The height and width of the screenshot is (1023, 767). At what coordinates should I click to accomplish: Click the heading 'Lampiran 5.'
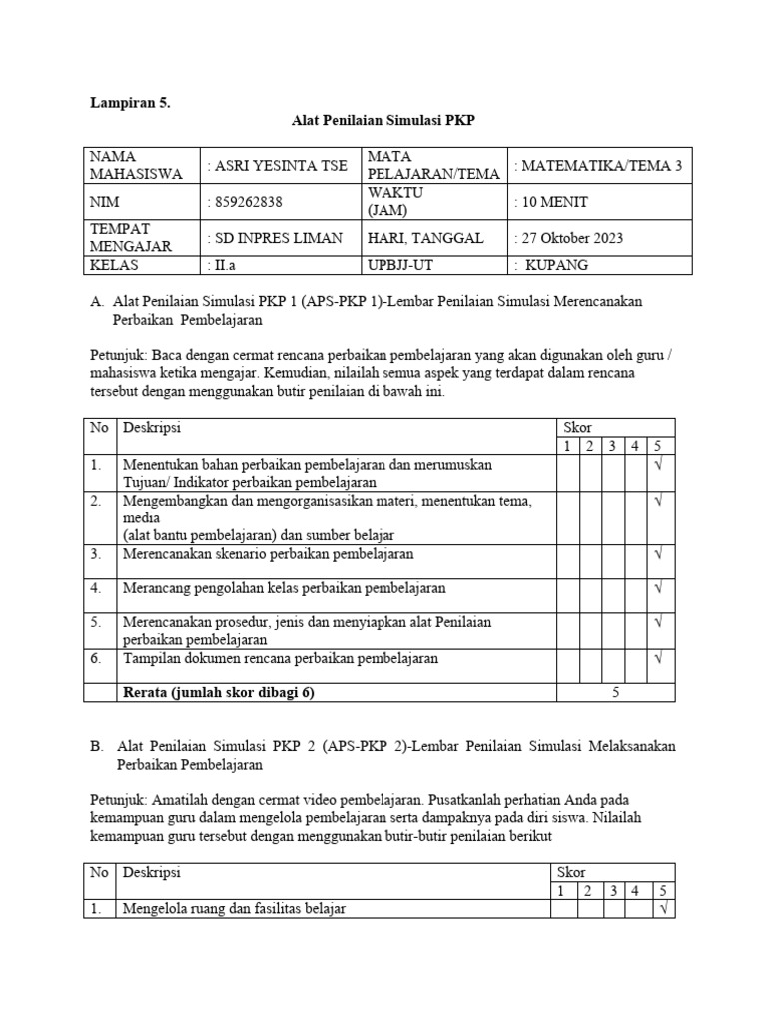tap(131, 102)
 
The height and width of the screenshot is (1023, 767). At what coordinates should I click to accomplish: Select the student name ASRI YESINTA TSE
tap(276, 167)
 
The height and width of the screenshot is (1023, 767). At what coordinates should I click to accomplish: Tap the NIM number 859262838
tap(246, 202)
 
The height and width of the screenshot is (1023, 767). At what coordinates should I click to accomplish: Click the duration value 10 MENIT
tap(551, 202)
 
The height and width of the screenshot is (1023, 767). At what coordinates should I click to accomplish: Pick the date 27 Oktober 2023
tap(568, 238)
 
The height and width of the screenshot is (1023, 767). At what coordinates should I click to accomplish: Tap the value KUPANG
tap(557, 265)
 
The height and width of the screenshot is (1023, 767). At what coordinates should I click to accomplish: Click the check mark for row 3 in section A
tap(658, 553)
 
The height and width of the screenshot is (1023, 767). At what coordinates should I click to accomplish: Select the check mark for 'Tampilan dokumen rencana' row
tap(658, 659)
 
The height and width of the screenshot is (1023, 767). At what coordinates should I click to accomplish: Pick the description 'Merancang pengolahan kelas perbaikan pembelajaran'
tap(285, 588)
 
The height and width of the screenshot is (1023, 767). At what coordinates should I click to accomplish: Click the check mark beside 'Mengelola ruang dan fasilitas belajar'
tap(663, 909)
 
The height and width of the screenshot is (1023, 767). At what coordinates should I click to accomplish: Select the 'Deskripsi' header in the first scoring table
tap(152, 427)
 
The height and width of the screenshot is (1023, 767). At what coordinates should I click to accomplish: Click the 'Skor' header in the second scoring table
tap(571, 872)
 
